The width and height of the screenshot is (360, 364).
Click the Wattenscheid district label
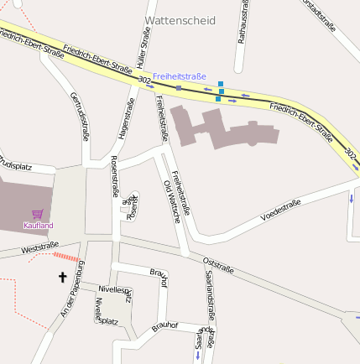coord(180,20)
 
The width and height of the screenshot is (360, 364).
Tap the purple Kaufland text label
coord(39,225)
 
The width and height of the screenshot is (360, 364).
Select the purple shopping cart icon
coord(37,214)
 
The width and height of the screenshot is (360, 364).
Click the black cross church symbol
coord(62,276)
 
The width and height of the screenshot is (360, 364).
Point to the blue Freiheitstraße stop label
coord(179,76)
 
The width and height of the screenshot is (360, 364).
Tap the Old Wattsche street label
coord(171,200)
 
